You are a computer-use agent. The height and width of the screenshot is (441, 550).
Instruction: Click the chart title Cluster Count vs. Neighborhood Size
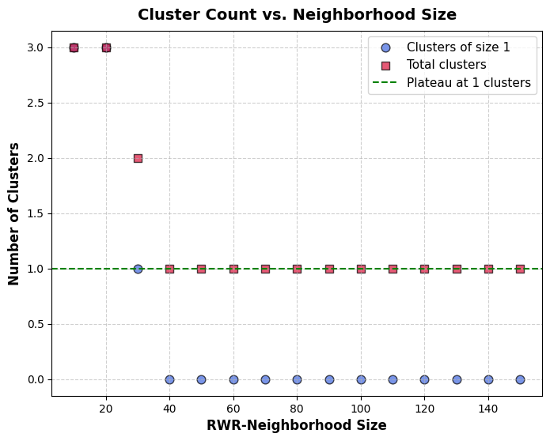(x=297, y=14)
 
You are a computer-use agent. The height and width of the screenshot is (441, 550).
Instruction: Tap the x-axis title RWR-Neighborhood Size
(x=297, y=425)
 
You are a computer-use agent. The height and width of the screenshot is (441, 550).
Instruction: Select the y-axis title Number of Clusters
(x=14, y=213)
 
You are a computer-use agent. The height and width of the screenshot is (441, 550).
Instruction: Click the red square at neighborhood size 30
(x=138, y=158)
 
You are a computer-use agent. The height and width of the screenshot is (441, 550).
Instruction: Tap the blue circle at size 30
(x=138, y=269)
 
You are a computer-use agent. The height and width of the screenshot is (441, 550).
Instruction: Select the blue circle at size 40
(x=169, y=379)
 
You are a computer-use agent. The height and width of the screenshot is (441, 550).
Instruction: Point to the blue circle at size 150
(x=520, y=379)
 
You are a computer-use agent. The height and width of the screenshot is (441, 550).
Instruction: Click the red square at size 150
(x=520, y=269)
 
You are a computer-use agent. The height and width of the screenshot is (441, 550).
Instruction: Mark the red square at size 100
(x=361, y=269)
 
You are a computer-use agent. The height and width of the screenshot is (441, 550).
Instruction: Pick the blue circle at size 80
(x=297, y=379)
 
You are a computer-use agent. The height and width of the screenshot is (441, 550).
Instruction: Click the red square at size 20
(x=106, y=47)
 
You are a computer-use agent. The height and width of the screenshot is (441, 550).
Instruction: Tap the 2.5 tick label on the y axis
(x=35, y=103)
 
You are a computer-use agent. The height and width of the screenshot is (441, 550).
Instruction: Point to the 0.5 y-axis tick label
(x=35, y=324)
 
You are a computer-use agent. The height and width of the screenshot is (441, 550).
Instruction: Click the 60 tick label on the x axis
(x=233, y=409)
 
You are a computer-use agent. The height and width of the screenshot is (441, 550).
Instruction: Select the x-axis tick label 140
(x=488, y=409)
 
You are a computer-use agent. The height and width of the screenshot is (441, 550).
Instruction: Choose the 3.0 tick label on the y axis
(x=35, y=47)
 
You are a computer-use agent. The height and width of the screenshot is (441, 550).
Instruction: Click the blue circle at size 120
(x=424, y=379)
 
